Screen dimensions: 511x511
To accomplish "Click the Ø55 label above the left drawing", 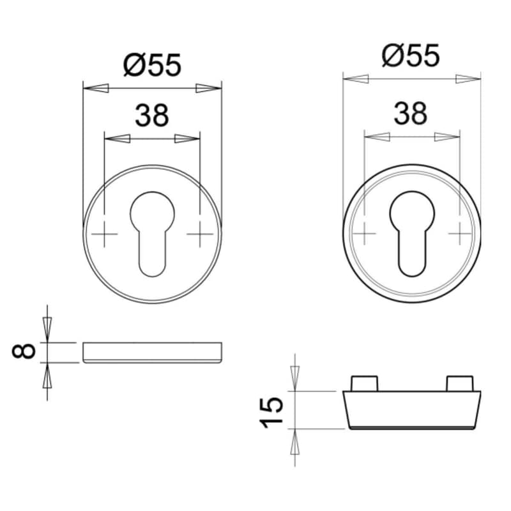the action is point(152,65).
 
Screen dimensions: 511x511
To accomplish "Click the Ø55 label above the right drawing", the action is point(411,56).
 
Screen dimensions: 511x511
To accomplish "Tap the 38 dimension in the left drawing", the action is point(152,116).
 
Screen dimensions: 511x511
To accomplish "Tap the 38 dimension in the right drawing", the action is point(411,113).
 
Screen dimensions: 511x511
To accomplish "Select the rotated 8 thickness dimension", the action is point(24,351).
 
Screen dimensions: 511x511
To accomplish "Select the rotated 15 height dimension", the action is point(271,412).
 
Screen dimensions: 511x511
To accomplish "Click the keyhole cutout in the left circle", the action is point(152,234).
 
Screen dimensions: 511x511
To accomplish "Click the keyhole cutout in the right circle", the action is point(412,233).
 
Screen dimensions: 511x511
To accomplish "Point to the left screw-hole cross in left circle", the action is point(104,234).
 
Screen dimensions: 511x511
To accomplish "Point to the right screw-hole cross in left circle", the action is point(200,234).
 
